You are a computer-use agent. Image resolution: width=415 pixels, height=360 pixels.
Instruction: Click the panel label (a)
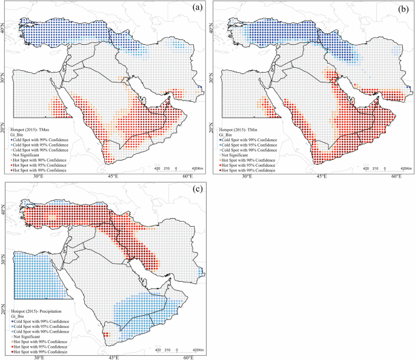tap(197, 8)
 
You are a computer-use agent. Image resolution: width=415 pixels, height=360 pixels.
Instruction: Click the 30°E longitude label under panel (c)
tap(40, 357)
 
